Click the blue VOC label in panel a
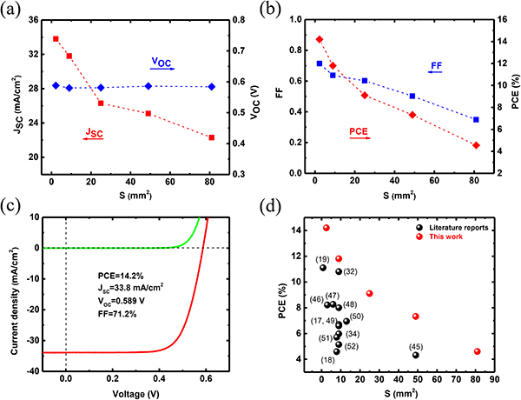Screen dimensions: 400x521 click(162, 62)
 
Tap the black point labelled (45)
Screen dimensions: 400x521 click(416, 355)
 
